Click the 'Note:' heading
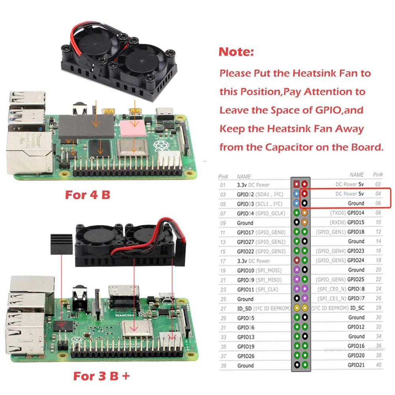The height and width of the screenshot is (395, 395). [x=236, y=52]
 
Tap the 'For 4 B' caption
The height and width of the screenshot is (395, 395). [x=87, y=195]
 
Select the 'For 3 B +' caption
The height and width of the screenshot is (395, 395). [x=101, y=375]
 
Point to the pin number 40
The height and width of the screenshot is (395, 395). [x=378, y=365]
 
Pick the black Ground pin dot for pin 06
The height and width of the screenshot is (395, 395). [x=305, y=203]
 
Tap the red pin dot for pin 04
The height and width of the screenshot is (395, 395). [x=305, y=194]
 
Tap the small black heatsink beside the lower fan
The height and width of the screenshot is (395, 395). [x=61, y=244]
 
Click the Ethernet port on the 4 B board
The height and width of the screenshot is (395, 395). [x=28, y=152]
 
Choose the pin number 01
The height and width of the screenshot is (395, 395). [x=223, y=184]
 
